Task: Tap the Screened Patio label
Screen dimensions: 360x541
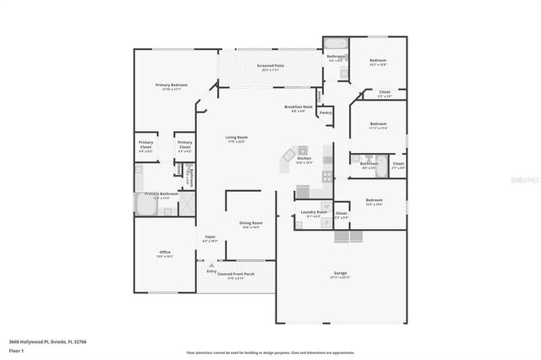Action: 270,65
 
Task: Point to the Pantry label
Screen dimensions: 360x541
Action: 325,112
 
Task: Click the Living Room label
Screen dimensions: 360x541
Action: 236,138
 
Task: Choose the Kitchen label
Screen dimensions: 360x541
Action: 304,158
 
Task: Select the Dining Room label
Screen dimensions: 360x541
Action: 251,224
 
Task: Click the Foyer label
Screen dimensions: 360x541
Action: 209,237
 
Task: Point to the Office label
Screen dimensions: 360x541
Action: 165,253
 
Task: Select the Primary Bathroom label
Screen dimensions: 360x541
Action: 157,194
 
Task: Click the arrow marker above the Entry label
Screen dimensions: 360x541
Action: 212,265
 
